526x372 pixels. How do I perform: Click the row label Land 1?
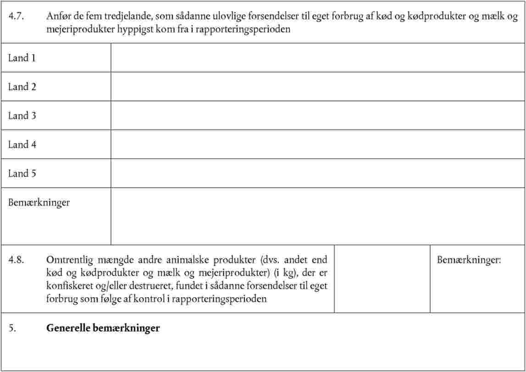22,58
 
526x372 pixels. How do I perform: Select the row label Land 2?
22,87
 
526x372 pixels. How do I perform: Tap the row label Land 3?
22,116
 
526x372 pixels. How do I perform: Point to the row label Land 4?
22,145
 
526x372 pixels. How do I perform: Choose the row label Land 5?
22,174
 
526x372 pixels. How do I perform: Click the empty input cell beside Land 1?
317,58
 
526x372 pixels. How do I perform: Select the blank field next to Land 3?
317,116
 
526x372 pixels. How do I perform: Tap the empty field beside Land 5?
317,173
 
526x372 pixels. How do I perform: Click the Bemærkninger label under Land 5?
39,203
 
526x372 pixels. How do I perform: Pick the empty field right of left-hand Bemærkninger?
317,216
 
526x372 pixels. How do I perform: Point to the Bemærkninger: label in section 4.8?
469,260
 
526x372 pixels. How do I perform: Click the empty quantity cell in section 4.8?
382,279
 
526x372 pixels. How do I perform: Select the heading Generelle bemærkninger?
103,328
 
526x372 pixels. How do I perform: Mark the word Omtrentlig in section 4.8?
70,260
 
